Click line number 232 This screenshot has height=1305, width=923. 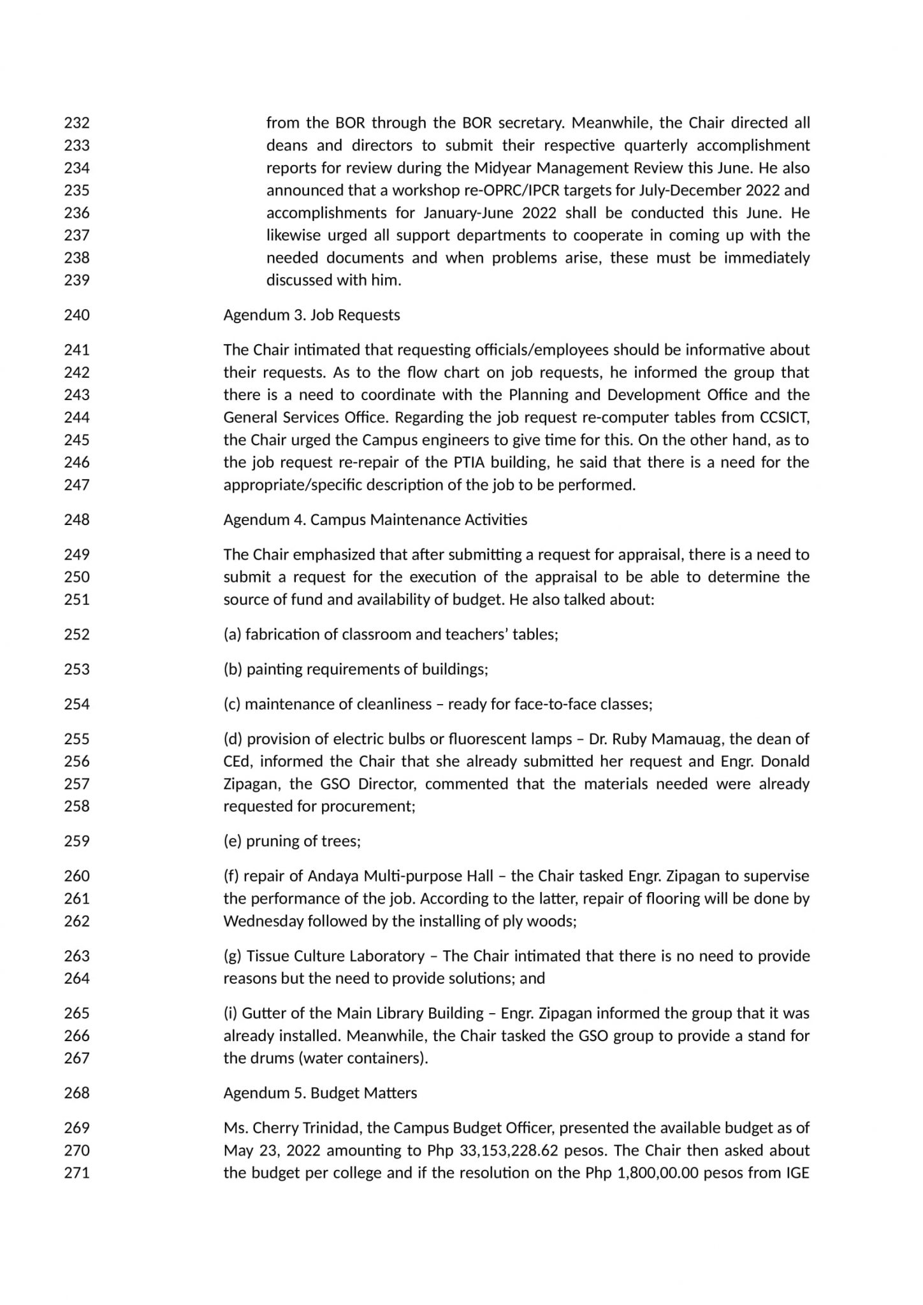tap(76, 123)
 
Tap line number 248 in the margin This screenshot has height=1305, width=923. tap(76, 520)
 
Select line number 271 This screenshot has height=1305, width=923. tap(76, 1173)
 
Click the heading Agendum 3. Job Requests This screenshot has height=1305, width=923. tap(311, 315)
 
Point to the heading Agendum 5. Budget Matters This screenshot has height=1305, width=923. tap(320, 1093)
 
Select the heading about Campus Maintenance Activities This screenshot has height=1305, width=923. tap(375, 520)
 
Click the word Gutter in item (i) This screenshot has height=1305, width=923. tap(263, 1014)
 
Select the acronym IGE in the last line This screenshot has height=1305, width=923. tap(796, 1173)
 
